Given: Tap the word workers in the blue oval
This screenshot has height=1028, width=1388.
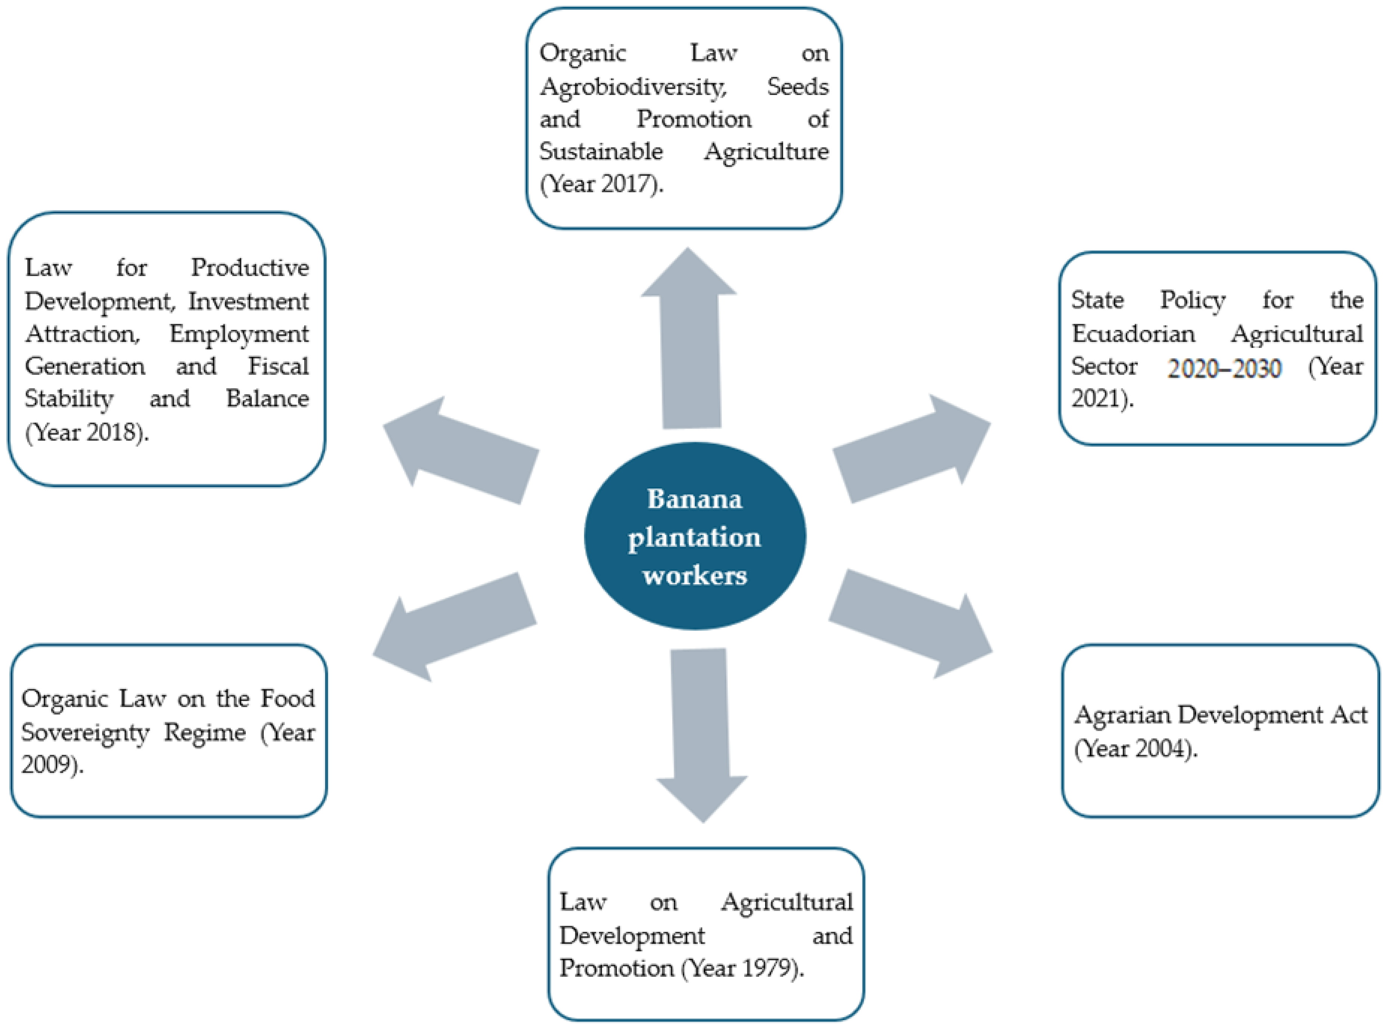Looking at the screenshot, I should pyautogui.click(x=695, y=575).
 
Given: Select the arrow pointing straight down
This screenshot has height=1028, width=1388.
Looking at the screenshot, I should pyautogui.click(x=700, y=728).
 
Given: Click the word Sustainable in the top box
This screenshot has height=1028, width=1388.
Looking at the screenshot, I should pyautogui.click(x=600, y=151).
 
